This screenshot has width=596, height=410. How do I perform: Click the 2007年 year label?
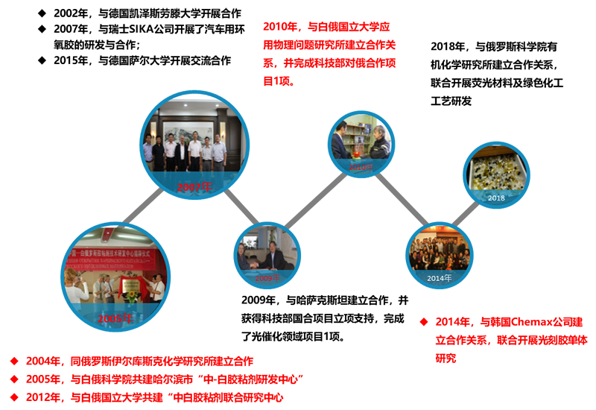(195, 187)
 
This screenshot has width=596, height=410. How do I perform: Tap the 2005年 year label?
(115, 319)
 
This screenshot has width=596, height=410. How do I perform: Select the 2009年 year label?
(267, 278)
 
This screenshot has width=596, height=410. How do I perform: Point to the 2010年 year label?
(361, 168)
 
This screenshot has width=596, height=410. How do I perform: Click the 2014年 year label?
(440, 278)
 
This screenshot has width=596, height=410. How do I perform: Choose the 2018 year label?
(496, 198)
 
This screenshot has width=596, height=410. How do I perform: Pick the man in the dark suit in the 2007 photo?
(158, 153)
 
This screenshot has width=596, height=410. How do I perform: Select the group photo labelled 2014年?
(440, 253)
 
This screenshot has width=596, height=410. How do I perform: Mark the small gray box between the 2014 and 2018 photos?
(466, 213)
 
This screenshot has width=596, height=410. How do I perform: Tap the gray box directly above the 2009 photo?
(242, 206)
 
